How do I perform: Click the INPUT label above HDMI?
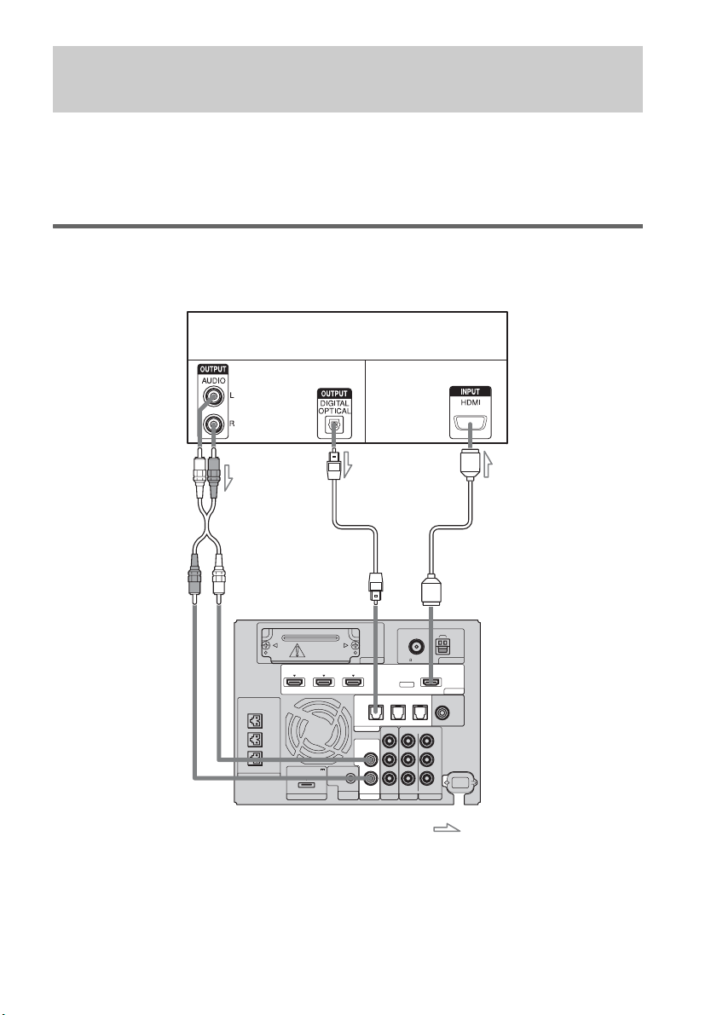(x=471, y=391)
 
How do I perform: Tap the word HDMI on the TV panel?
(x=471, y=402)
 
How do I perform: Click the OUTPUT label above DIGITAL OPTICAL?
(x=334, y=394)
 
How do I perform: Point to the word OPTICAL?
(x=334, y=411)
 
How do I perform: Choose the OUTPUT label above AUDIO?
(x=212, y=370)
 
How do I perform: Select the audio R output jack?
(x=213, y=424)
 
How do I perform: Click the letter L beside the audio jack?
(x=232, y=395)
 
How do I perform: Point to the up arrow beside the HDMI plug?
(x=489, y=464)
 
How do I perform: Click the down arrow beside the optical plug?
(x=348, y=464)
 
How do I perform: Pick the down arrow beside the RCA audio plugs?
(x=228, y=478)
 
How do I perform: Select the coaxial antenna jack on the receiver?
(x=416, y=646)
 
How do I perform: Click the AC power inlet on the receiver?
(x=460, y=782)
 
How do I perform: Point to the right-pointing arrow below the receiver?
(x=446, y=828)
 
